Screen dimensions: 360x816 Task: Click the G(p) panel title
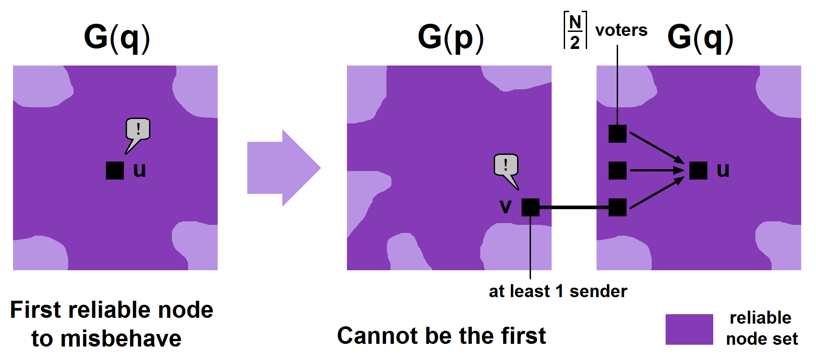(451, 38)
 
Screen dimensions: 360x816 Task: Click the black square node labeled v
(530, 207)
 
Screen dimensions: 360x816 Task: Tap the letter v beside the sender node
(505, 206)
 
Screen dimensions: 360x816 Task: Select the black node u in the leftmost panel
(115, 171)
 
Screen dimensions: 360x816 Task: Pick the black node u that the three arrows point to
(698, 171)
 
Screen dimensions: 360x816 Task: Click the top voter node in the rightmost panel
(617, 134)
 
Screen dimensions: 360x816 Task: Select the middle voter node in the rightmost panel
(617, 171)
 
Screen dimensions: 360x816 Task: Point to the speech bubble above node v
(506, 166)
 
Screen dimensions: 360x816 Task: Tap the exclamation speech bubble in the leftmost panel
(138, 130)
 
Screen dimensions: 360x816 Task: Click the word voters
(621, 31)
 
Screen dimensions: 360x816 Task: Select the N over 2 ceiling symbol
(575, 31)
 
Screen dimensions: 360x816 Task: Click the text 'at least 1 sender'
(557, 291)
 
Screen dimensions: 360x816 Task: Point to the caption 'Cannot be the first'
(441, 335)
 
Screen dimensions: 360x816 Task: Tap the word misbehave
(121, 338)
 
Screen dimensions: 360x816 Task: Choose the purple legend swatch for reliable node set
(689, 329)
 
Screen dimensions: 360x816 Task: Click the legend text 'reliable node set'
(762, 328)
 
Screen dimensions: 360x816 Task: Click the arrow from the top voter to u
(656, 147)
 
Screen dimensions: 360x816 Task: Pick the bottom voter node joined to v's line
(617, 207)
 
